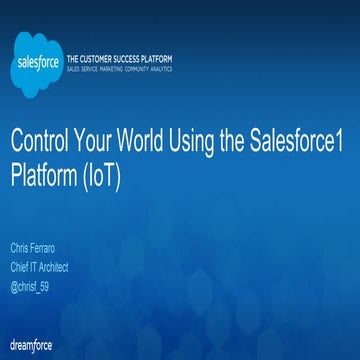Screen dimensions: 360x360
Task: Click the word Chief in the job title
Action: [x=20, y=267]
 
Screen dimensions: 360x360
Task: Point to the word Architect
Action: [x=58, y=267]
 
